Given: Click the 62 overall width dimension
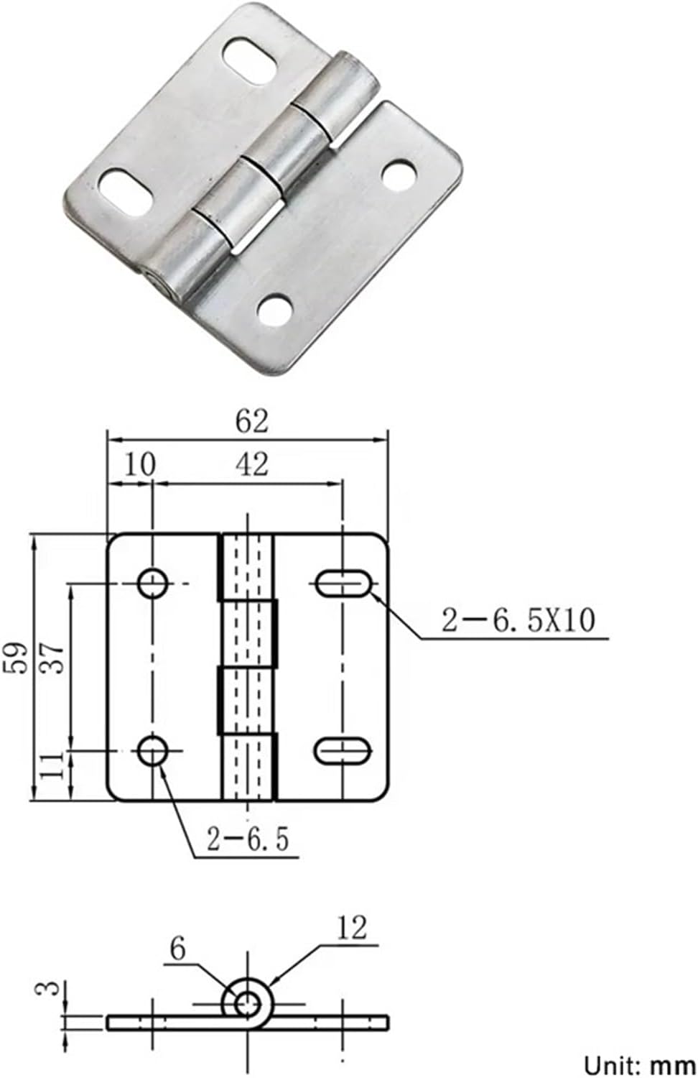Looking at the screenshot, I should coord(251,421).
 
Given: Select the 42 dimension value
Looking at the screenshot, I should coord(251,464).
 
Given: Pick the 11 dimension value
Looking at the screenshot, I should coord(53,766).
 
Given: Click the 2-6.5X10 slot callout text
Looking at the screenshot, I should coord(518,620).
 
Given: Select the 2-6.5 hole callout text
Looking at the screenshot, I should coord(248,839).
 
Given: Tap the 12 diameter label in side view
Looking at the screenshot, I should coord(351,928).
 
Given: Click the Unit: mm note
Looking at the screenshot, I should coord(639,1064).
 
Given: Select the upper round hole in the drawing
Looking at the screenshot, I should coord(153,583).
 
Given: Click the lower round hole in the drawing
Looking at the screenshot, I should coord(153,752).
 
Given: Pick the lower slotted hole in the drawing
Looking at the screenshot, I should coord(343,750).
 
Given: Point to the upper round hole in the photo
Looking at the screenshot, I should coord(399,175).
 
